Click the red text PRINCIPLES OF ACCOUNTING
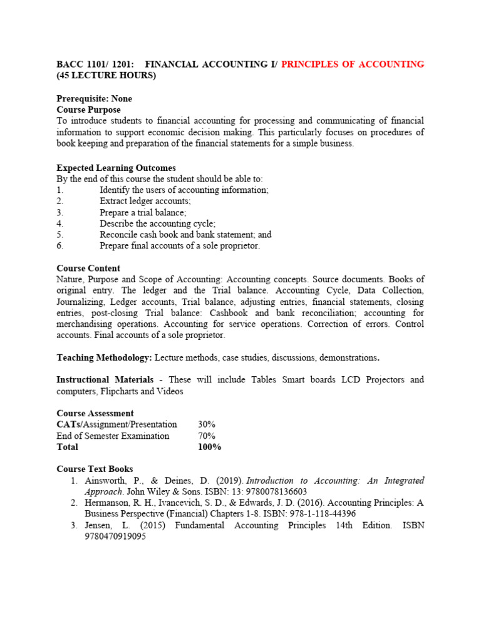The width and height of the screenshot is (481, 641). click(353, 64)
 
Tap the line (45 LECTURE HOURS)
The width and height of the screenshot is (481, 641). click(106, 76)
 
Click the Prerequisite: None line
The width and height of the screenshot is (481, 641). click(94, 99)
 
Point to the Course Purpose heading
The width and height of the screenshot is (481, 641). click(88, 110)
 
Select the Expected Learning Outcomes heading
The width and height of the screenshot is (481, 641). click(116, 168)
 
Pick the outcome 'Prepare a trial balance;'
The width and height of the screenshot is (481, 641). click(143, 212)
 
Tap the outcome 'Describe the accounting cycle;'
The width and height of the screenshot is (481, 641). click(157, 223)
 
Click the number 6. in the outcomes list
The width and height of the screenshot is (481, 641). click(60, 246)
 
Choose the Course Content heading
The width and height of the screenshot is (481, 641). click(88, 269)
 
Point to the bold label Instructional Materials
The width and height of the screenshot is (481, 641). click(105, 380)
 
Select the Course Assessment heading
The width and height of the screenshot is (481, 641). click(95, 413)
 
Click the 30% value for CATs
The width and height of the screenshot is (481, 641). click(206, 424)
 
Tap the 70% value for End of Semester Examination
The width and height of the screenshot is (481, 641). click(206, 436)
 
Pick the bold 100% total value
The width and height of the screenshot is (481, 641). click(209, 447)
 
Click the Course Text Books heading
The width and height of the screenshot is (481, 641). click(95, 469)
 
